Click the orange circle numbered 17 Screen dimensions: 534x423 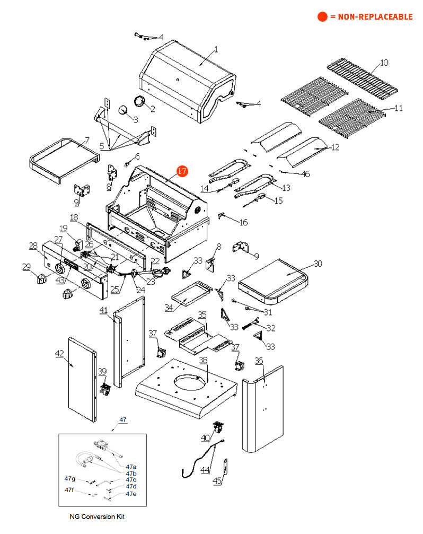(x=182, y=171)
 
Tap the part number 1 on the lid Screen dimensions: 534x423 (x=216, y=50)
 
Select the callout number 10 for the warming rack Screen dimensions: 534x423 (x=384, y=63)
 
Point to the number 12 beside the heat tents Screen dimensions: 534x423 (x=334, y=147)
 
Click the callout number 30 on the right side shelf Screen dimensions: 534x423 (x=318, y=263)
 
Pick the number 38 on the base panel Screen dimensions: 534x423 (x=203, y=360)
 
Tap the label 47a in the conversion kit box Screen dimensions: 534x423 (x=131, y=466)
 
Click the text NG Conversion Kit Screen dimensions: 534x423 (x=97, y=516)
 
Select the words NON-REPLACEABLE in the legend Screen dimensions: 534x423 (x=371, y=16)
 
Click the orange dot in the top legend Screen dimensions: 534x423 (x=322, y=16)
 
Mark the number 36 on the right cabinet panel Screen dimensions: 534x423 (x=259, y=361)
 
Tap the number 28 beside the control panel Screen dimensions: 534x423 (x=33, y=246)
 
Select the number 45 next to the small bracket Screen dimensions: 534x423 (x=217, y=481)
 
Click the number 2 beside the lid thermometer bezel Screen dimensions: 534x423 (x=152, y=109)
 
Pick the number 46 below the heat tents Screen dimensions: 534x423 (x=306, y=173)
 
